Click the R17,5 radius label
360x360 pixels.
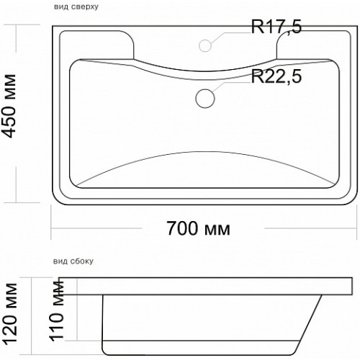coord(276,27)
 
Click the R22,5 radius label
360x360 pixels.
coord(276,76)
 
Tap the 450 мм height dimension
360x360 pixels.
coord(9,106)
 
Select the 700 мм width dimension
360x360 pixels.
coord(198,228)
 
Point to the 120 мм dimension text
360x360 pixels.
coord(10,312)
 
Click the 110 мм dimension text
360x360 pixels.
coord(57,310)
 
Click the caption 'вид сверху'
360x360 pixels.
coord(76,6)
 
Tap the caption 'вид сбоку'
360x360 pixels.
coord(73,261)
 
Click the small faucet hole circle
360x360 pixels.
coord(205,45)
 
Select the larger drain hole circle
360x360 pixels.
coord(205,99)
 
